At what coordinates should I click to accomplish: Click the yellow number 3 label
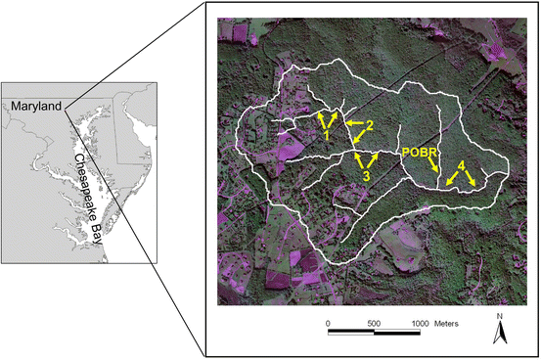365,176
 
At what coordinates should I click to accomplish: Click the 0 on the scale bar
328,322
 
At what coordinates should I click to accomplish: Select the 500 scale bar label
373,322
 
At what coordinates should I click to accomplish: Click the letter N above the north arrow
498,316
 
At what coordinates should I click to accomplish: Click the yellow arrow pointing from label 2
354,124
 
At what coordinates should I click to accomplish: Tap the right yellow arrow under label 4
471,177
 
